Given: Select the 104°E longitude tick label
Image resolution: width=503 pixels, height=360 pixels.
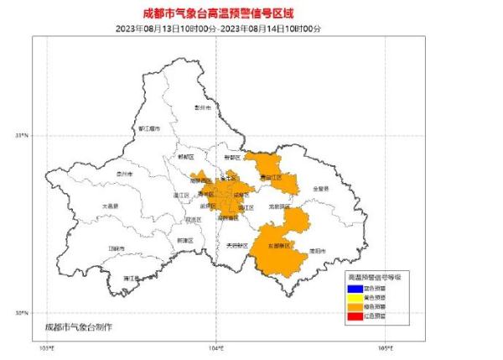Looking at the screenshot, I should (x=216, y=347).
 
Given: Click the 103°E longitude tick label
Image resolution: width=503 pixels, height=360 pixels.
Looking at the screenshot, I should (x=47, y=347).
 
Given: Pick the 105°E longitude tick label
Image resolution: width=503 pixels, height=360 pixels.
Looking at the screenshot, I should (x=385, y=347).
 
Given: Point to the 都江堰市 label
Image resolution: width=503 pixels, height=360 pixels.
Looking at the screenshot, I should (x=148, y=128).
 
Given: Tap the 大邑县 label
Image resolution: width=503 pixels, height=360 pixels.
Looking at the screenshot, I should (x=111, y=206).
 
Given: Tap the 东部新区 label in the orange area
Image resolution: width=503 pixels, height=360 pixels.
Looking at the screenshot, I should (x=278, y=246).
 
